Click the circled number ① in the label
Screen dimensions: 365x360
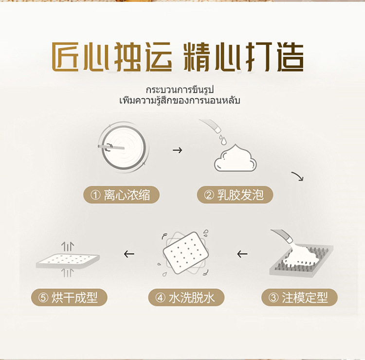click(x=95, y=195)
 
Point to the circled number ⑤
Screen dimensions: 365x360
click(x=43, y=298)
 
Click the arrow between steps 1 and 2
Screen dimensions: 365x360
click(x=177, y=150)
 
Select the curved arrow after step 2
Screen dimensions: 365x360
click(x=298, y=176)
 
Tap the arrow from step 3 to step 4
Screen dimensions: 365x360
click(x=242, y=254)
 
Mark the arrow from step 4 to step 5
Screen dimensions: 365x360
click(x=129, y=254)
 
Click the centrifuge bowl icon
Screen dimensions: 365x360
click(x=124, y=147)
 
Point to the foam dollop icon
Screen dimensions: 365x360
click(x=236, y=158)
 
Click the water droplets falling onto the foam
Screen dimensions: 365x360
click(x=222, y=139)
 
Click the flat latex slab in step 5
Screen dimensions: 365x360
click(x=68, y=261)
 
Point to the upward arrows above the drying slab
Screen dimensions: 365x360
click(x=68, y=246)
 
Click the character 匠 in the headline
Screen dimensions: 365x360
click(x=65, y=56)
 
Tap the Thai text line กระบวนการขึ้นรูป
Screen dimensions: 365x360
click(x=180, y=90)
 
